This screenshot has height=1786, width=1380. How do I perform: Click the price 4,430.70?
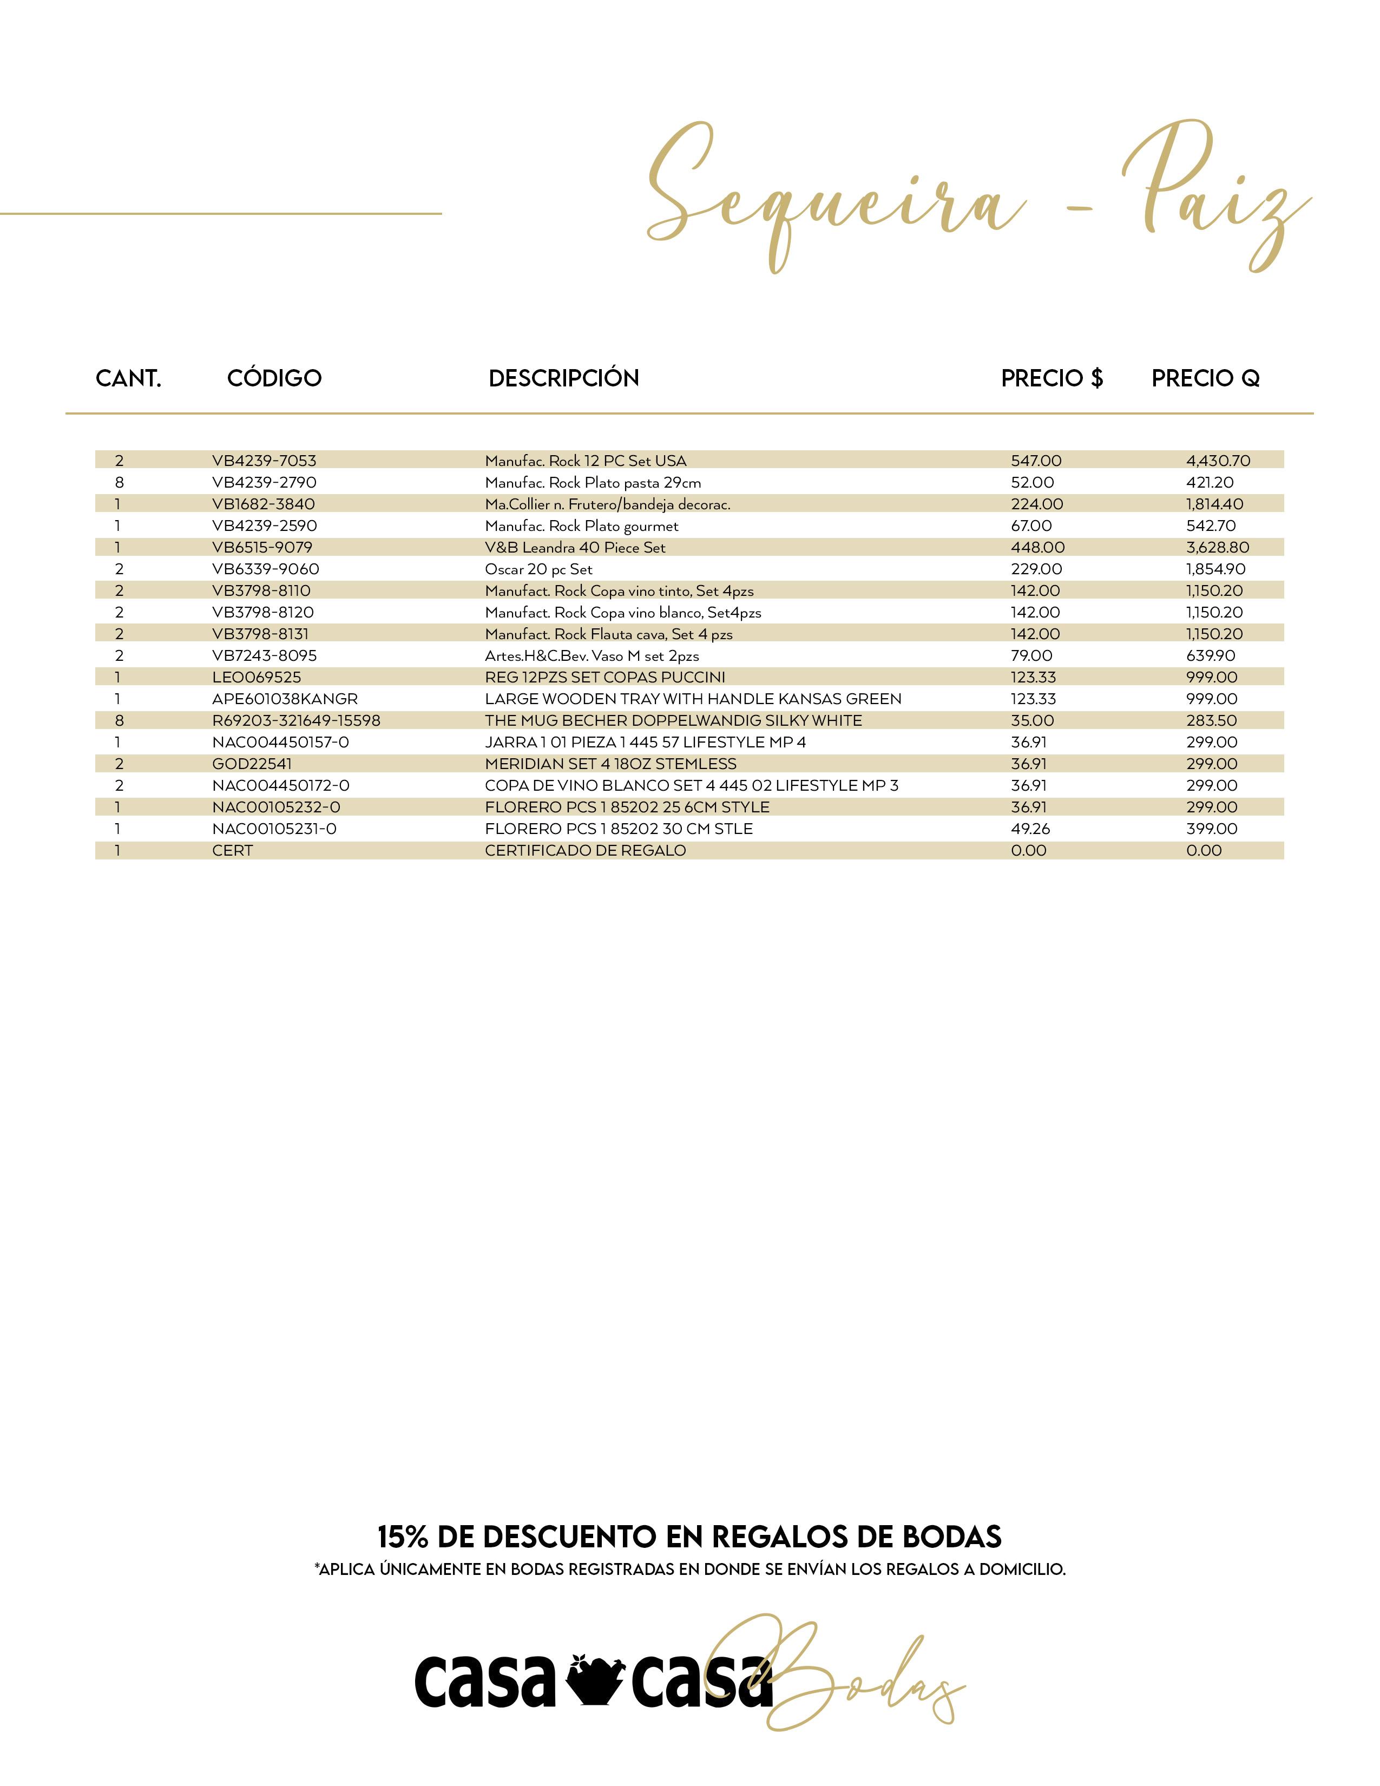(x=1217, y=461)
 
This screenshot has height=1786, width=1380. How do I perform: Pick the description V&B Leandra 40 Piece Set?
(x=575, y=548)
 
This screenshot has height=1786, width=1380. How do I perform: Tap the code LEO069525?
(x=256, y=677)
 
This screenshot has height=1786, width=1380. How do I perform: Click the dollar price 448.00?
(x=1037, y=548)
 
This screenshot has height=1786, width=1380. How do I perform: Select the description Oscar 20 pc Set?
(x=538, y=569)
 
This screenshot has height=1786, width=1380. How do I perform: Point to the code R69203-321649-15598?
(x=296, y=720)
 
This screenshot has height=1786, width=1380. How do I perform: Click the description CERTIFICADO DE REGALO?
(x=586, y=850)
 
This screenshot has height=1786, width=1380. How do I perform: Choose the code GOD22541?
(x=252, y=764)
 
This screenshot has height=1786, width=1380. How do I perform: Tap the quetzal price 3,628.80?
(x=1217, y=548)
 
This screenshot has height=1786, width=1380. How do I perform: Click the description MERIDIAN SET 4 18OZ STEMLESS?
(x=610, y=764)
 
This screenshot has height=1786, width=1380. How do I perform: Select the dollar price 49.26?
(x=1030, y=829)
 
